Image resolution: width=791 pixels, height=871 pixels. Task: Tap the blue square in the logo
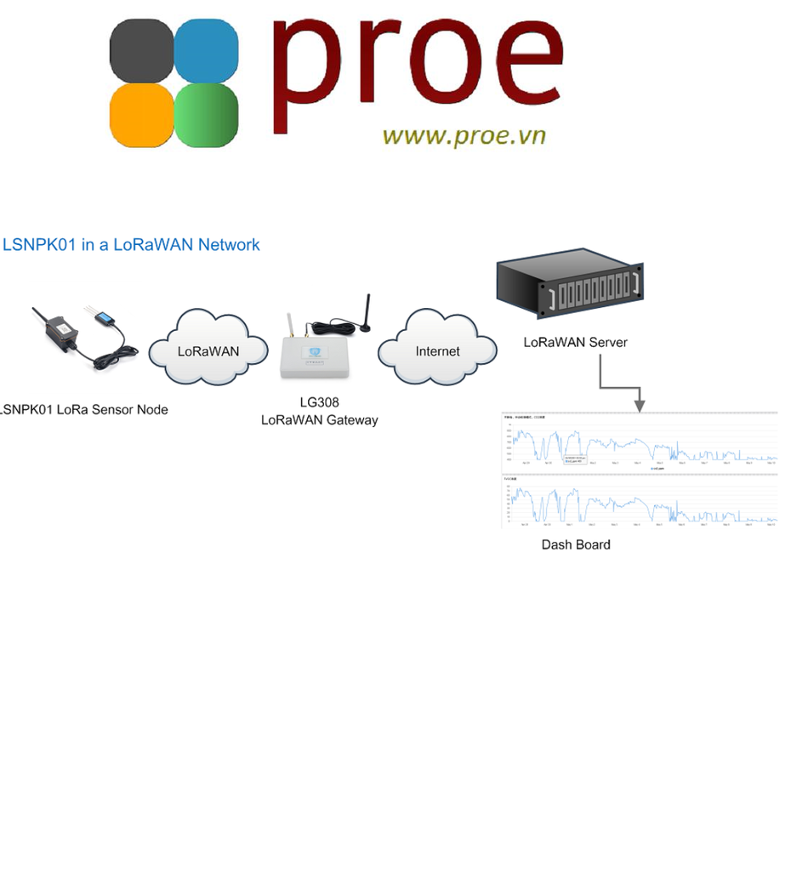207,50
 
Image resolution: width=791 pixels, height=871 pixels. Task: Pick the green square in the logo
207,115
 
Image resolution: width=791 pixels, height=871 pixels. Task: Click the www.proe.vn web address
464,135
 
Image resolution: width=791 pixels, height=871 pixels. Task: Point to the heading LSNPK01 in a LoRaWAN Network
131,245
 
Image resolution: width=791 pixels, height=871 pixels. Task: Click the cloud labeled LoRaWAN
208,350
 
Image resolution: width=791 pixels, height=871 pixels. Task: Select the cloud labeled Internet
437,350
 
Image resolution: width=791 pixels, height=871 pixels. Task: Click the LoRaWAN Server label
575,342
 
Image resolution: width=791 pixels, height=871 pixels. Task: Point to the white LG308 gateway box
317,358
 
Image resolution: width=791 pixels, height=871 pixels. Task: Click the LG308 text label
319,403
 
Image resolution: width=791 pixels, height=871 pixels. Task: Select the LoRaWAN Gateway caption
319,419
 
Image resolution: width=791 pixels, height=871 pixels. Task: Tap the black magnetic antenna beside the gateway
366,318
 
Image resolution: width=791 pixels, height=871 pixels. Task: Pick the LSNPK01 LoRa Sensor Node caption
83,409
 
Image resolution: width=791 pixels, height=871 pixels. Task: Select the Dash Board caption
576,544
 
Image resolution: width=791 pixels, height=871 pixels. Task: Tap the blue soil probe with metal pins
105,316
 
